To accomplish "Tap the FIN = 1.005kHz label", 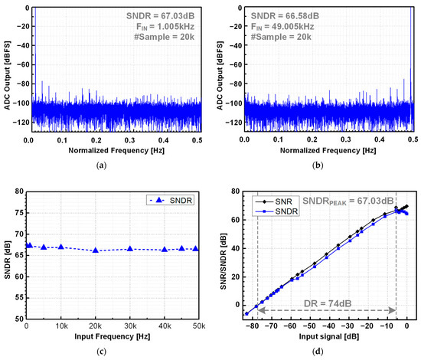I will (x=165, y=28).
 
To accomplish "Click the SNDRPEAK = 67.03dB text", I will (x=358, y=201).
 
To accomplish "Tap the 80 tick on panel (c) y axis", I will (x=20, y=191).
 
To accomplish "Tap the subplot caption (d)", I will (x=328, y=352).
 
